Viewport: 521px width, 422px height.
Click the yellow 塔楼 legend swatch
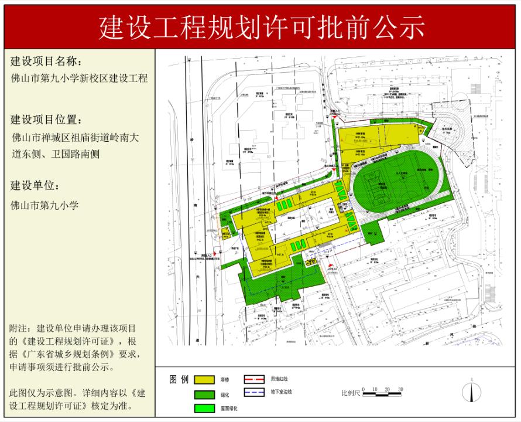pos(204,380)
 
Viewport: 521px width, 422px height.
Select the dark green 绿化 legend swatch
pos(204,394)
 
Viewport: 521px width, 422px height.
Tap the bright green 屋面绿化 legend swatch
pos(204,409)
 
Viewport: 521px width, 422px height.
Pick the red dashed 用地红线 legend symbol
pos(254,379)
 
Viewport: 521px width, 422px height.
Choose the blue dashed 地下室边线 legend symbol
pos(254,392)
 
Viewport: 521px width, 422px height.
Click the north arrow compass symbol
pos(472,392)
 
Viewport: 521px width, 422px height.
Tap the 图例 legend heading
pos(179,379)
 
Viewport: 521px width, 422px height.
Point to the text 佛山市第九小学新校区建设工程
pos(79,77)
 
